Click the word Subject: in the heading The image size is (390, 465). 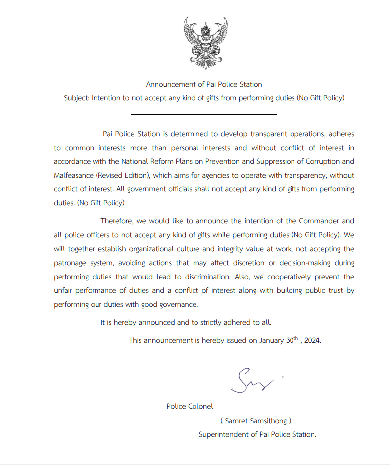click(76, 98)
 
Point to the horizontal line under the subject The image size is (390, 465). click(204, 114)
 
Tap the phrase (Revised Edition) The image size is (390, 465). click(122, 175)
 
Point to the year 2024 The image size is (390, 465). click(312, 341)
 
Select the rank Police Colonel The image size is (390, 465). click(190, 406)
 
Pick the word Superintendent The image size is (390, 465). click(223, 434)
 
